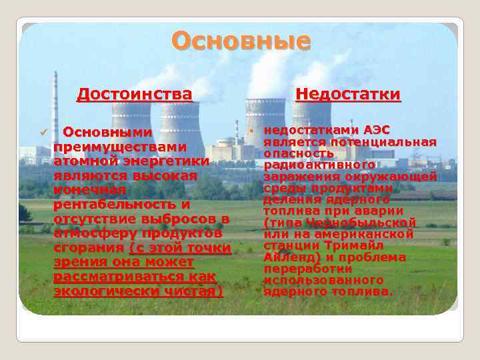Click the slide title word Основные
coord(241,41)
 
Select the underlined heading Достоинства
coord(135,94)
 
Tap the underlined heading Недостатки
coord(348,94)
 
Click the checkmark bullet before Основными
coord(44,132)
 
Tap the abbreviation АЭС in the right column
coord(376,129)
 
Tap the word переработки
coord(307,269)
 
